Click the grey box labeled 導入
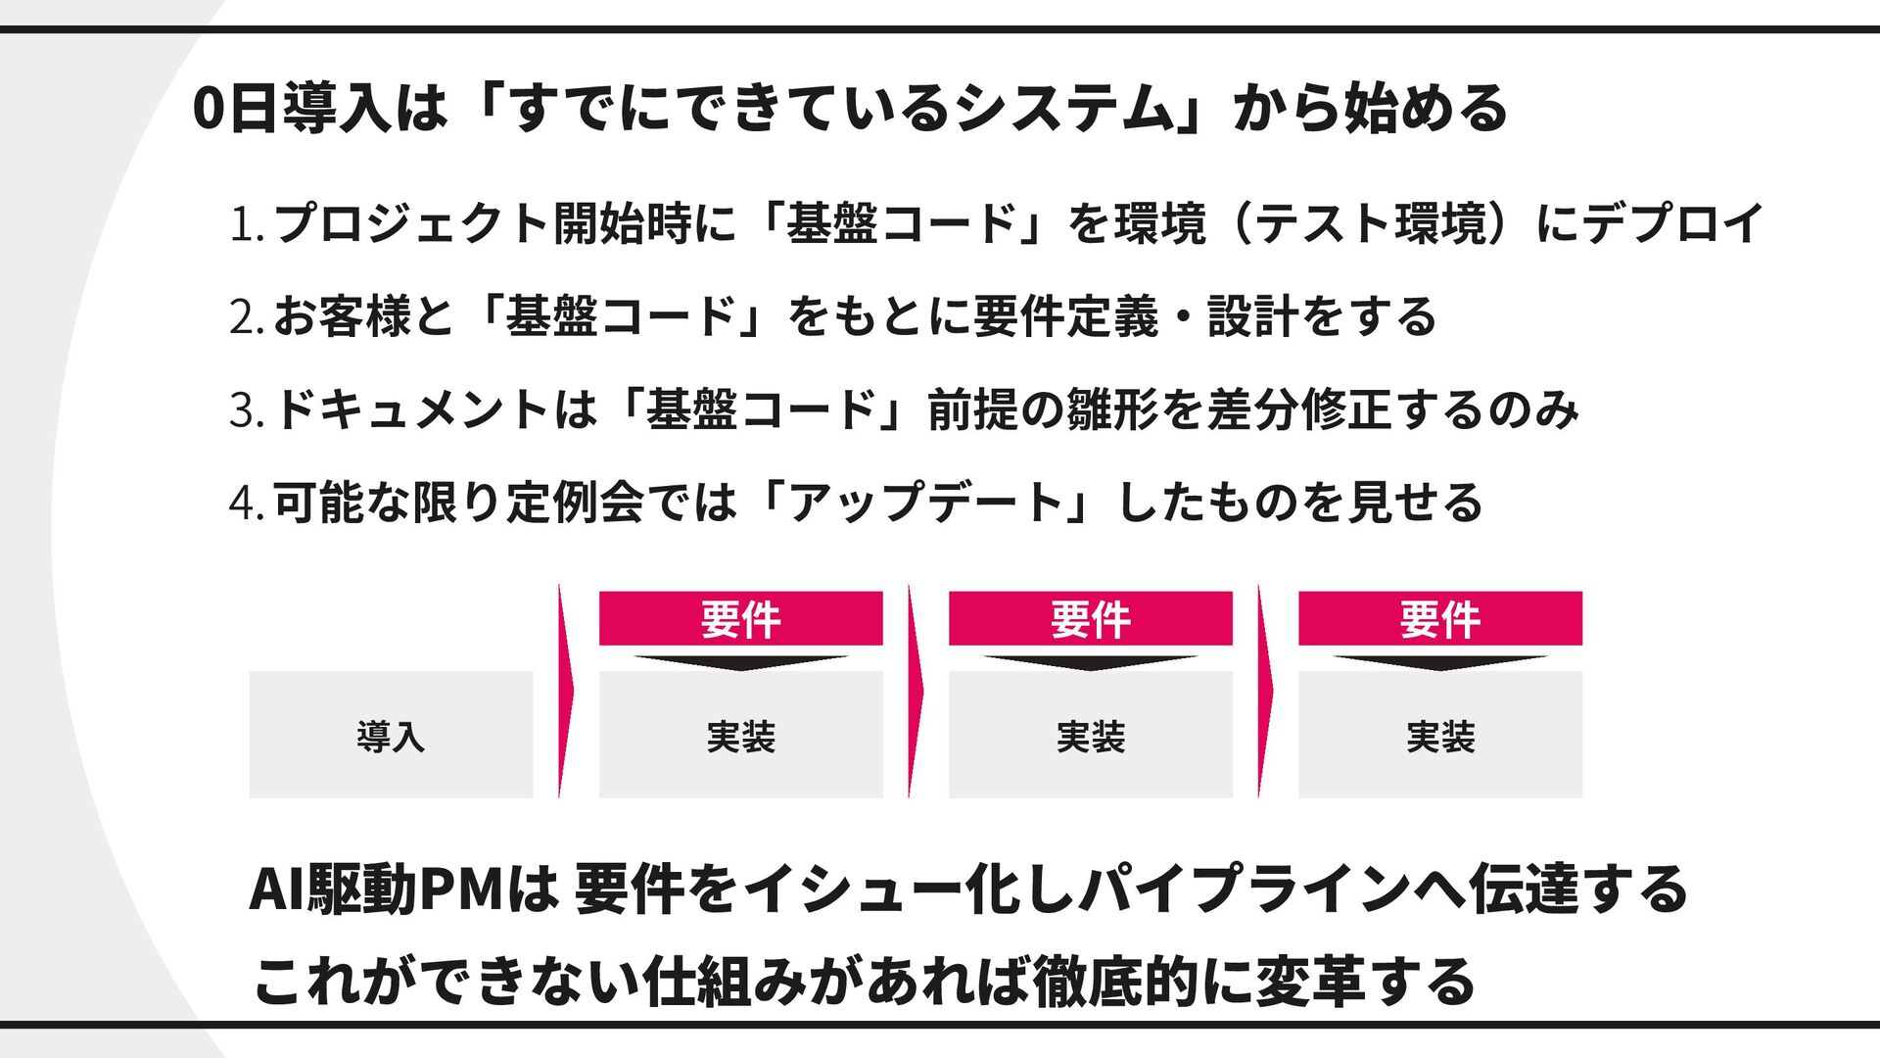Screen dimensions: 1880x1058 [x=391, y=735]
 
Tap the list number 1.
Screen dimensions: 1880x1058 [x=244, y=224]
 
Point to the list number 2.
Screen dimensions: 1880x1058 [x=244, y=317]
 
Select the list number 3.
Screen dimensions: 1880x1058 [x=244, y=410]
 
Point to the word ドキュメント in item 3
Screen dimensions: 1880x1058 [x=411, y=409]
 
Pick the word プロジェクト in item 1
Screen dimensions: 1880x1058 [x=411, y=224]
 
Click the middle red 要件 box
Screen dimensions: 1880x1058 [x=1090, y=619]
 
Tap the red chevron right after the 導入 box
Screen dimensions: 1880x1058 [x=565, y=692]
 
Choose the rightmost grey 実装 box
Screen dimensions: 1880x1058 [x=1439, y=735]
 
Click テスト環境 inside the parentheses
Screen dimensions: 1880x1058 [x=1371, y=224]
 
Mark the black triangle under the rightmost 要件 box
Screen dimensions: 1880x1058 [x=1439, y=663]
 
